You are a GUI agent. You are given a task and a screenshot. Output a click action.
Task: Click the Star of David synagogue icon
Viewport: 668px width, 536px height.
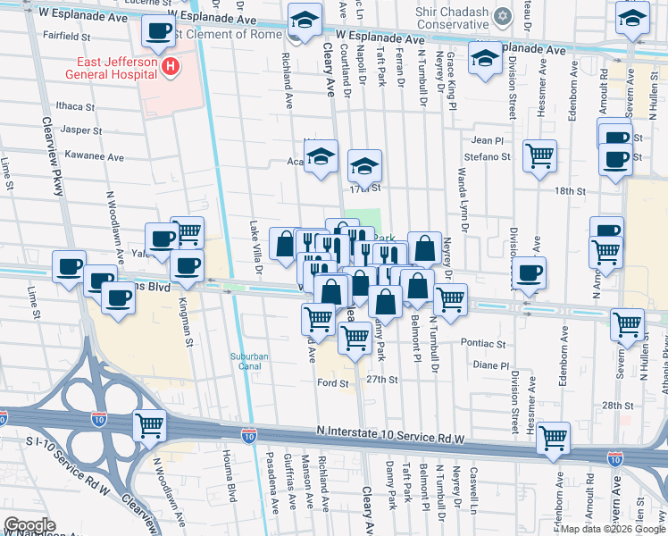[503, 15]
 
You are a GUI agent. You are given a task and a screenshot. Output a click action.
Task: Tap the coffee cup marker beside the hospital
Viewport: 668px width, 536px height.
[158, 31]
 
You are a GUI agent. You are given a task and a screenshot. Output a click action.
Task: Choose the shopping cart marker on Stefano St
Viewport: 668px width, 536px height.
[539, 156]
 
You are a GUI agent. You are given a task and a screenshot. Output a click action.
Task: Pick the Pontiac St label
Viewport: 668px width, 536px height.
[483, 343]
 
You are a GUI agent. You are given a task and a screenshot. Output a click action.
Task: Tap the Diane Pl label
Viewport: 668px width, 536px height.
[490, 365]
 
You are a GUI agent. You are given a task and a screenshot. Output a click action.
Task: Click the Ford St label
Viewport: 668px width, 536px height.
[331, 383]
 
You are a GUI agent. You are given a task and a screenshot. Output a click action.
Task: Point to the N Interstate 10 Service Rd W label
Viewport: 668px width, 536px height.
[391, 431]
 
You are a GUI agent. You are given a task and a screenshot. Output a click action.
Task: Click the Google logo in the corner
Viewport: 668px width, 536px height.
[29, 525]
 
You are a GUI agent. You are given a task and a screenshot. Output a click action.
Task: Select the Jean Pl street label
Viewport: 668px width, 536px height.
[488, 140]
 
